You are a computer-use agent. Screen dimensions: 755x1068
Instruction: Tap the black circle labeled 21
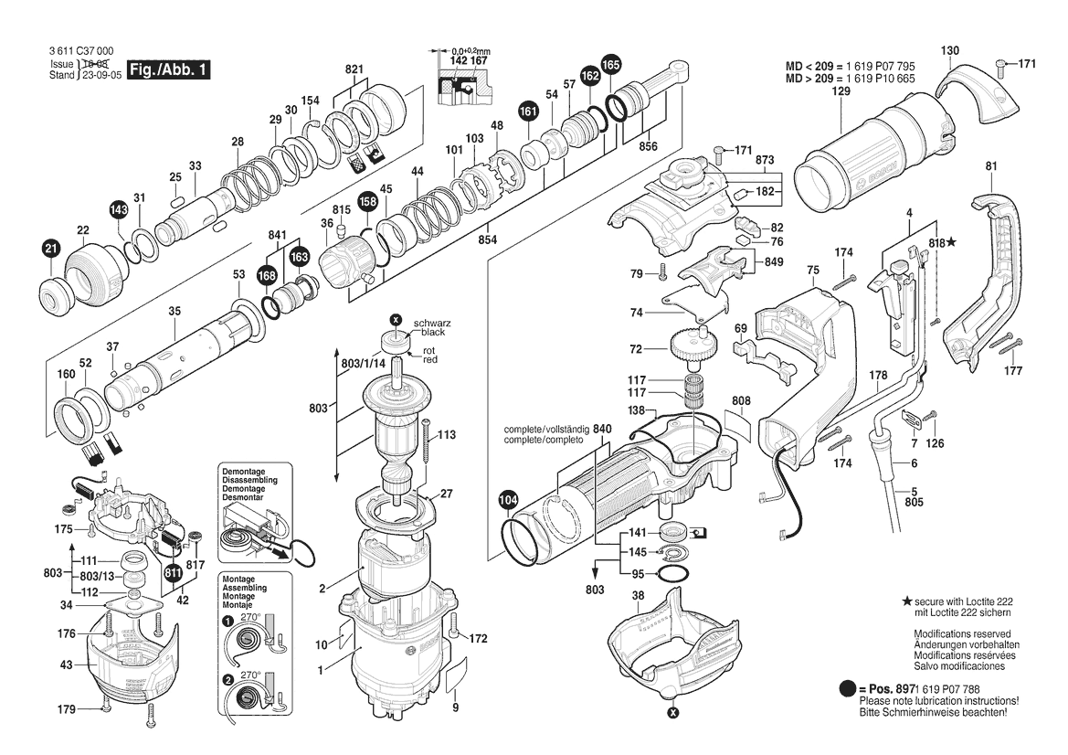pos(50,247)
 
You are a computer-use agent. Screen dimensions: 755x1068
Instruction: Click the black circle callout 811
pos(174,573)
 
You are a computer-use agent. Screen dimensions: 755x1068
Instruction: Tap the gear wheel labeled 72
pos(688,347)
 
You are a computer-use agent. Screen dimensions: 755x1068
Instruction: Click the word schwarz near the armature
pos(432,324)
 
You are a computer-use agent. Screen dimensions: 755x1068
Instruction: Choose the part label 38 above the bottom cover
pos(639,595)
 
